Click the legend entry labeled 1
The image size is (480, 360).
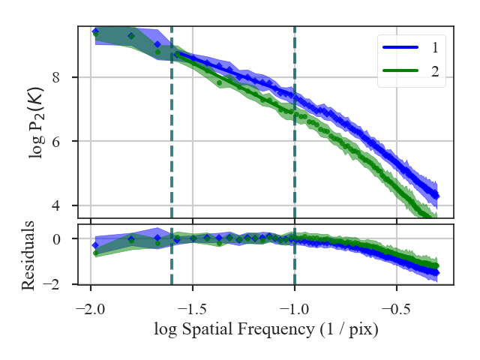coord(435,47)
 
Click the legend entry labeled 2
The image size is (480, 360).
coord(435,72)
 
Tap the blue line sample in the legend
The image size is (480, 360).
coord(400,48)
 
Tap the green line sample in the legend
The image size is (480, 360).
coord(400,72)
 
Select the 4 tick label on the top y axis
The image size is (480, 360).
coord(66,205)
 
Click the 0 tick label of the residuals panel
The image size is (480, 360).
coord(66,238)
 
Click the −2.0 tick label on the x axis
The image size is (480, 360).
coord(91,310)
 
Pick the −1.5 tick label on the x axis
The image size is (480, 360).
coord(193,310)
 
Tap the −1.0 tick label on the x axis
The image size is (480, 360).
coord(295,310)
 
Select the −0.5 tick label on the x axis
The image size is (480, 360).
coord(396,310)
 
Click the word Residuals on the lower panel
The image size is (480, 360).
coord(28,255)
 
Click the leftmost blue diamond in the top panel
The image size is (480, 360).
coord(95,31)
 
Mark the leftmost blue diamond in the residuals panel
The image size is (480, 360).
coord(95,245)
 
